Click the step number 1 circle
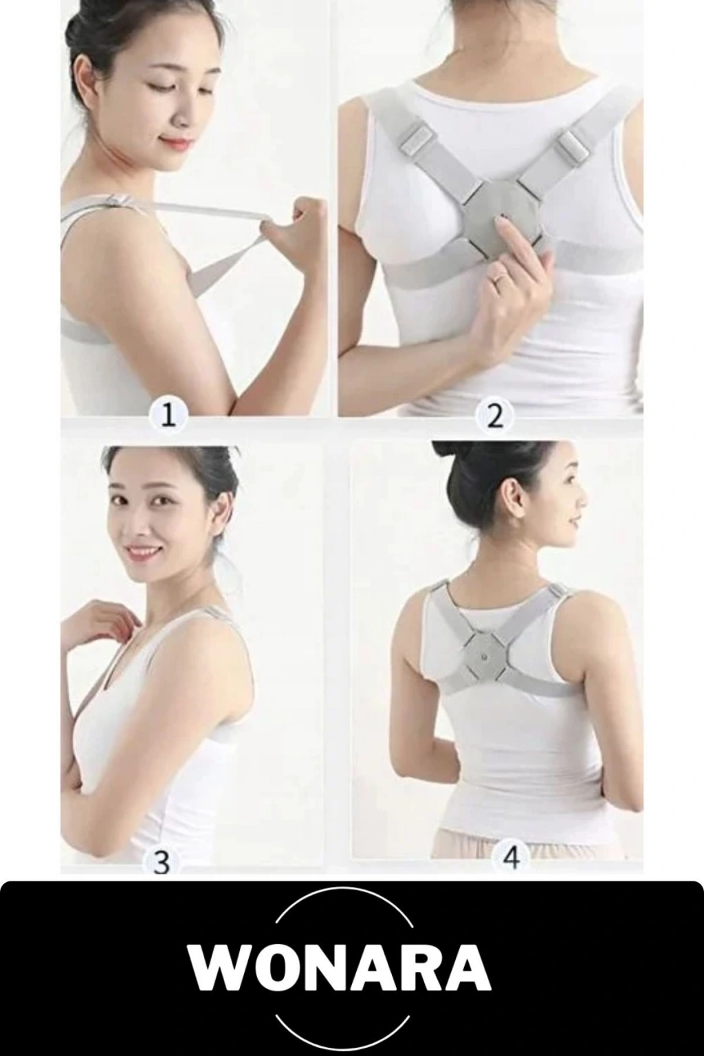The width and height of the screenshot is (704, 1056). pyautogui.click(x=168, y=416)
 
